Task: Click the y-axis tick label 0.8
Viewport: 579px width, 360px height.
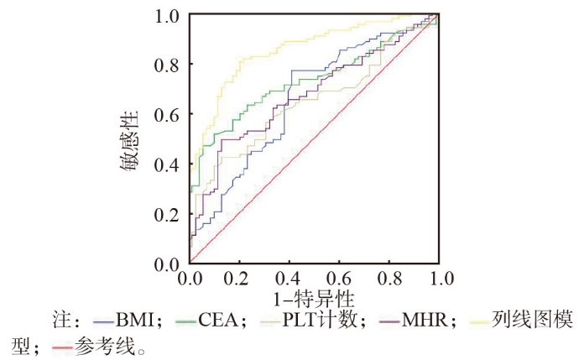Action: tap(166, 65)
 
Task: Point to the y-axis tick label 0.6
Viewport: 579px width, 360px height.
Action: tap(166, 115)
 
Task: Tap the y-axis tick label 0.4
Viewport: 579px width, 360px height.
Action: tap(166, 165)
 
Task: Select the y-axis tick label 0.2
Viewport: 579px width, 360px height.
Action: tap(166, 215)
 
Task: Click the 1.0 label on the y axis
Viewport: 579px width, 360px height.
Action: tap(167, 16)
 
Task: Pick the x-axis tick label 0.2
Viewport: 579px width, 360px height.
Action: tap(239, 278)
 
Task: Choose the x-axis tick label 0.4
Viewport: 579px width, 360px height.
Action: tap(289, 278)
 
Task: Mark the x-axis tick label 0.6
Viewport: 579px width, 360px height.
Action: tap(339, 278)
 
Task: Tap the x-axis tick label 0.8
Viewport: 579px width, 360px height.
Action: tap(389, 278)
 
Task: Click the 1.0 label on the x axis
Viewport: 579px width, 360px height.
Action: tap(440, 278)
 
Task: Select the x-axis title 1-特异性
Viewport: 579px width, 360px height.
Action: tap(314, 299)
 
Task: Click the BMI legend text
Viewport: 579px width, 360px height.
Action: tap(134, 320)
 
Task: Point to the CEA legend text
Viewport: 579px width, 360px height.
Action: tap(218, 320)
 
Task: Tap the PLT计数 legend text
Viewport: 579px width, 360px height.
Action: tap(320, 320)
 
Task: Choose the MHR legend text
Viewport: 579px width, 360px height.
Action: tap(425, 320)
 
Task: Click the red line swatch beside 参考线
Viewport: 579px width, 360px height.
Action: tap(62, 347)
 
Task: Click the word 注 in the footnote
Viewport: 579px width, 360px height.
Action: tap(60, 320)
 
